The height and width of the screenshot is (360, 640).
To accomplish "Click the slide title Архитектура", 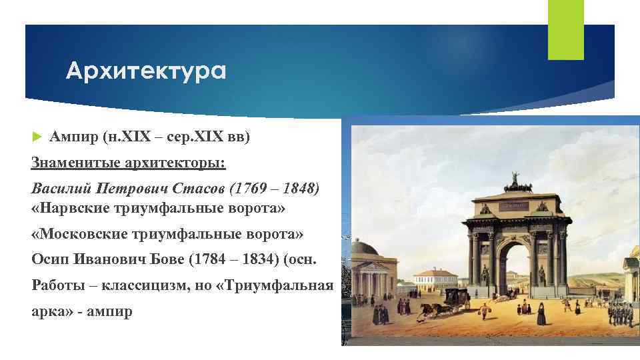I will (x=146, y=71).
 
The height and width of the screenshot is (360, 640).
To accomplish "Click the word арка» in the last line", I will (x=52, y=311).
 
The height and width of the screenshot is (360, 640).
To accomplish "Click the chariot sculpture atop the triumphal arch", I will (x=514, y=181).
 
